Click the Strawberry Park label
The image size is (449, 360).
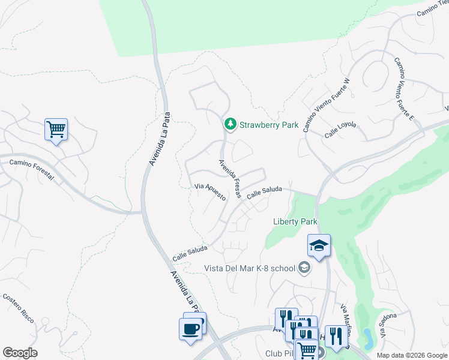(269, 125)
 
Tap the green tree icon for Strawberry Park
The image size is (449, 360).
(229, 125)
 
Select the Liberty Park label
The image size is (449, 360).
(295, 221)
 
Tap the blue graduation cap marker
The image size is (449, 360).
(319, 245)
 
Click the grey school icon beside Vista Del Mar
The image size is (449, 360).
(304, 268)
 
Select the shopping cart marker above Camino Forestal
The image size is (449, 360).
(56, 129)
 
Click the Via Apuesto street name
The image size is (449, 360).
(210, 192)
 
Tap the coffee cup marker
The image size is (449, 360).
(191, 329)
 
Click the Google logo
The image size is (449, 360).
(20, 353)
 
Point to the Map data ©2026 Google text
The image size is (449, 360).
(412, 355)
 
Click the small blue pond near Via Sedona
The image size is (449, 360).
(367, 340)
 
